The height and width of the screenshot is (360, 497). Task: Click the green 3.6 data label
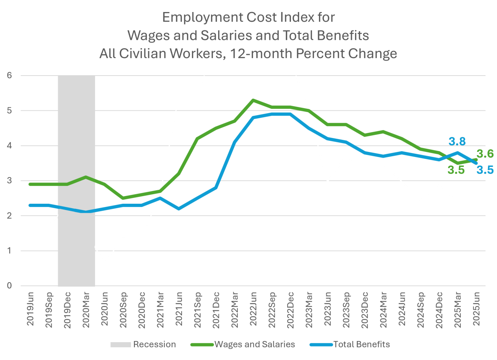tap(485, 154)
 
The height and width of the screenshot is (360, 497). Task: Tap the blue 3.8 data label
tap(457, 141)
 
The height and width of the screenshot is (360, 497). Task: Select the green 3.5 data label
tap(456, 170)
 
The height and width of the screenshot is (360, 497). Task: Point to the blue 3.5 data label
tap(485, 170)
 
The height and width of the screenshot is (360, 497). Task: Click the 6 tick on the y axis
tap(10, 76)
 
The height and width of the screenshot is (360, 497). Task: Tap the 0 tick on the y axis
tap(10, 286)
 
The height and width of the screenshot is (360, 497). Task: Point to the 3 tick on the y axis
tap(10, 181)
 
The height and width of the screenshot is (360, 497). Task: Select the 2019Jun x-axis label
tap(30, 309)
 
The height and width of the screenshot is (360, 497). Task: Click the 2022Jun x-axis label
tap(253, 309)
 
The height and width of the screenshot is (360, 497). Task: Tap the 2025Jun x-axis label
tap(476, 309)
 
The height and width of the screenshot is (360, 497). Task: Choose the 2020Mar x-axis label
tap(86, 309)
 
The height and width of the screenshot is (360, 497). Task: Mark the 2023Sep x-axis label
tap(346, 309)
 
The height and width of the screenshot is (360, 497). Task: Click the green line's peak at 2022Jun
tap(253, 100)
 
